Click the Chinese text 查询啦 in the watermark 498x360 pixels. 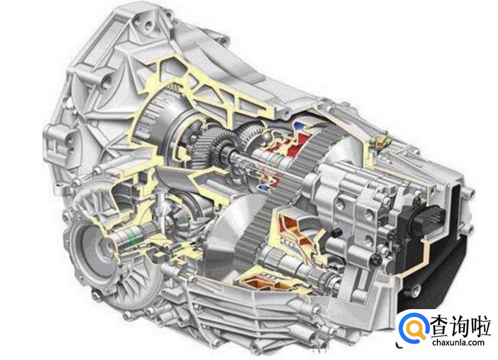coord(461,325)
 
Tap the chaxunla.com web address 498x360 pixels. coord(459,342)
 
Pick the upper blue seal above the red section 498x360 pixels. coord(298,125)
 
